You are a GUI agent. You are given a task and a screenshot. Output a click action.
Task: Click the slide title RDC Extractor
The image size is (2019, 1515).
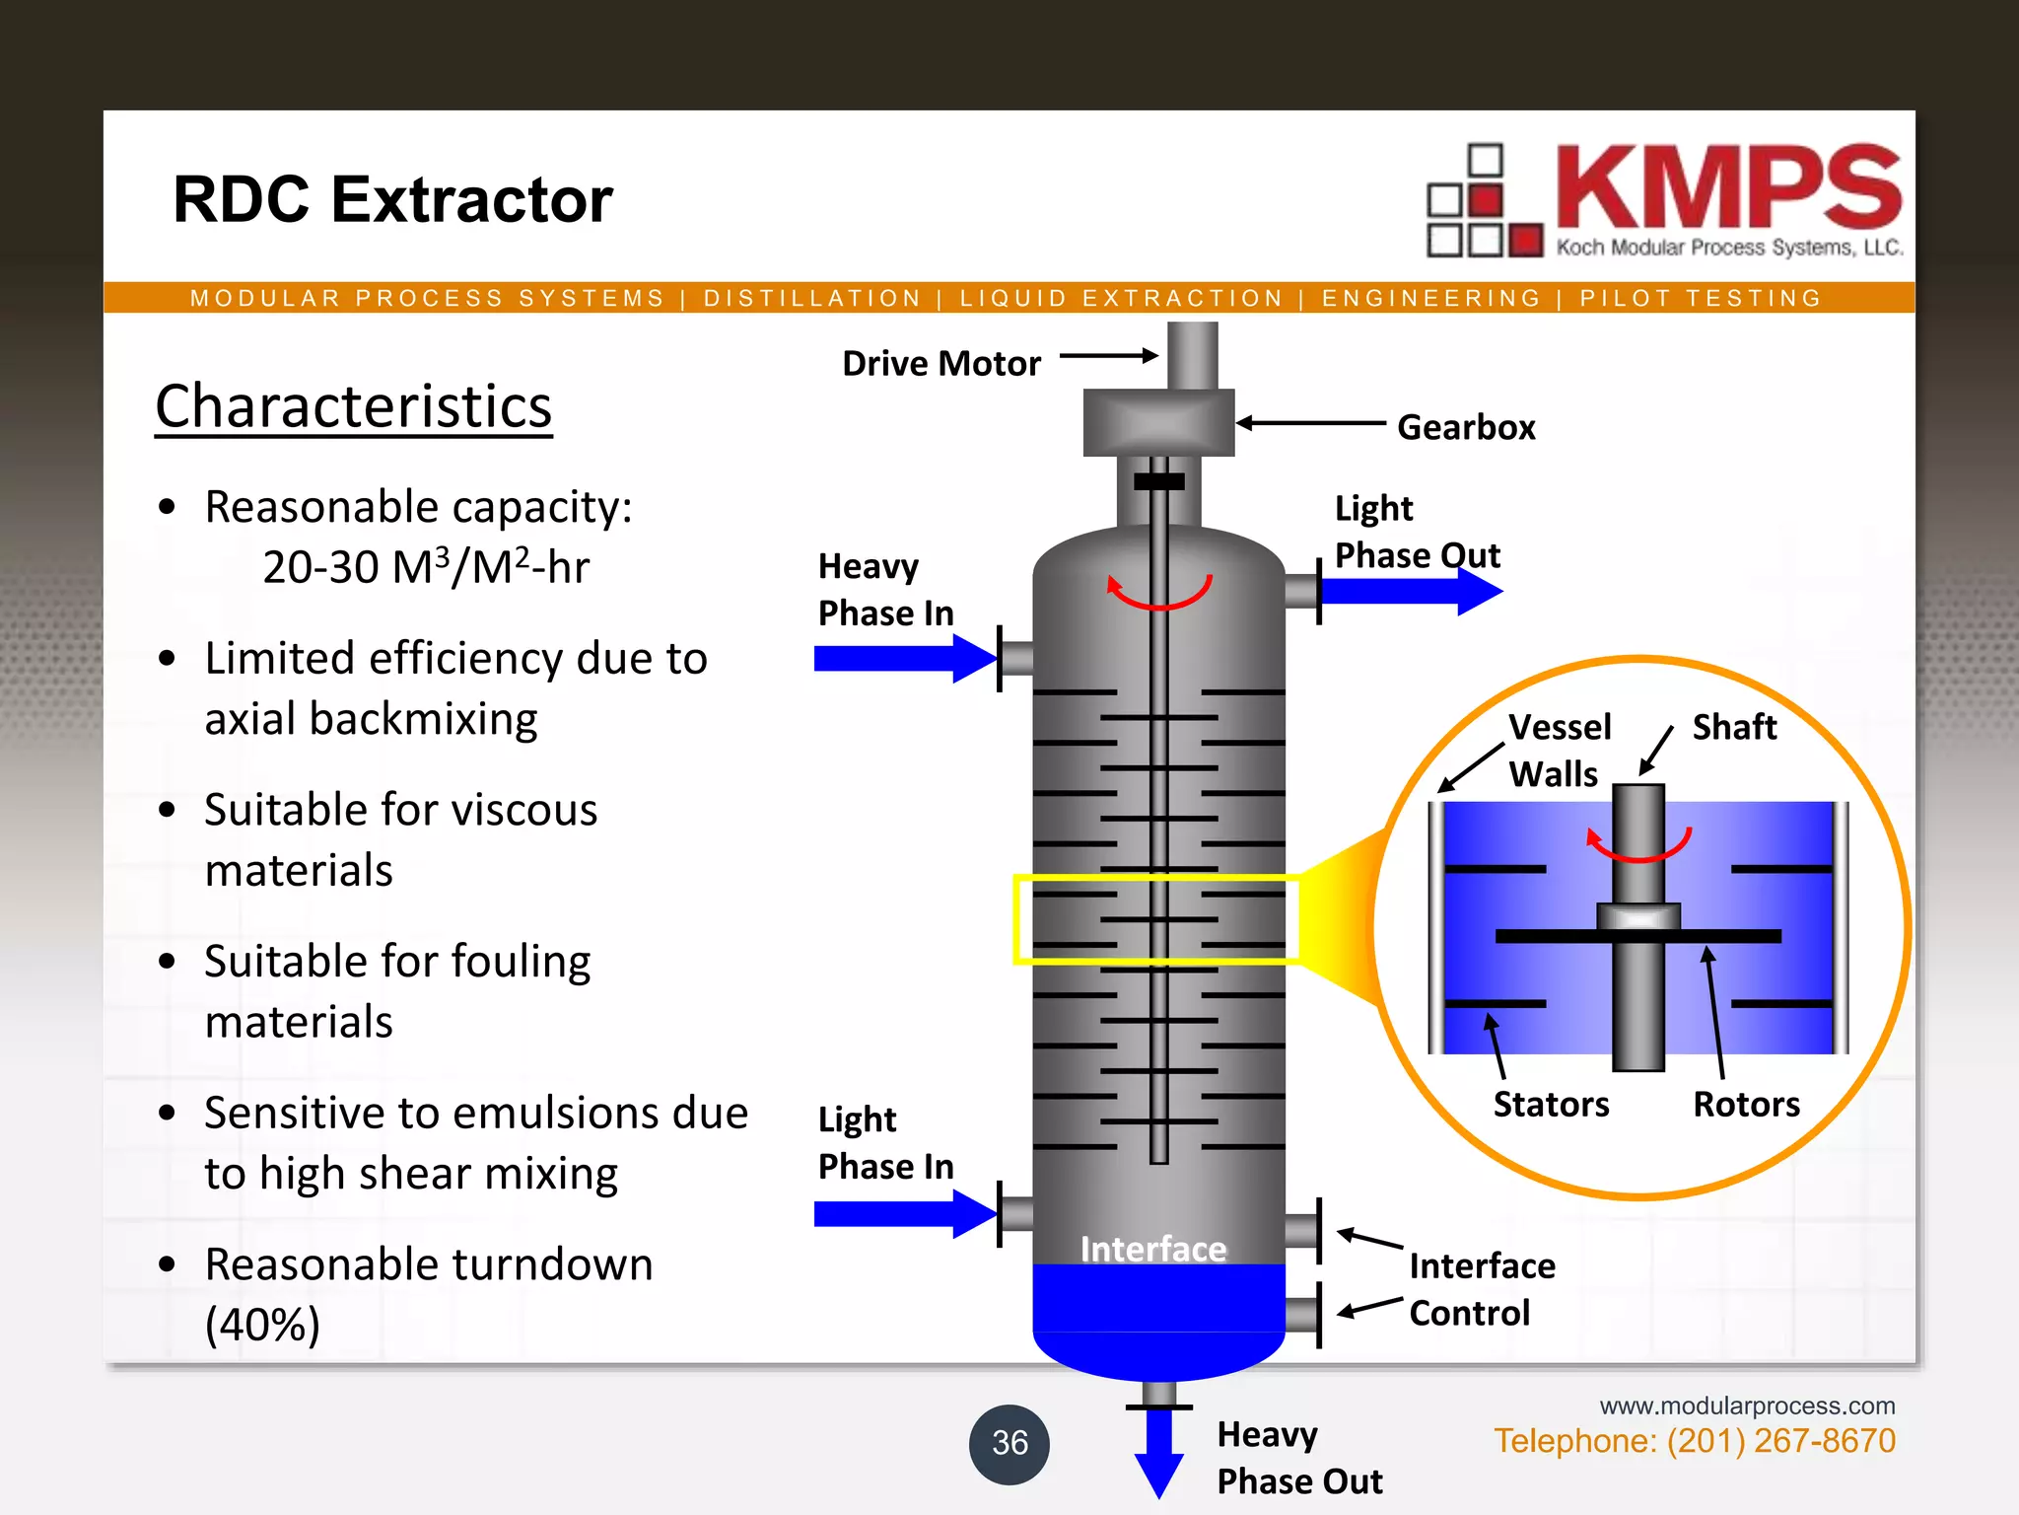point(392,200)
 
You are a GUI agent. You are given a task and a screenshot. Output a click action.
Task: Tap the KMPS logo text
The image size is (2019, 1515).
point(1727,187)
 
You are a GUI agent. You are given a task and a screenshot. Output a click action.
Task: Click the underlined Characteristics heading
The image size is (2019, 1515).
point(353,406)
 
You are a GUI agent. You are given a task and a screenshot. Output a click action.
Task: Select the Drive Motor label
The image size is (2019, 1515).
point(940,364)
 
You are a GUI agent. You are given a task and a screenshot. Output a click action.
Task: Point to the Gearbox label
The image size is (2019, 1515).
point(1466,427)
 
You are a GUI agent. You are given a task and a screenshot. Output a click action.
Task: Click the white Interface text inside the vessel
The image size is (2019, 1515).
point(1153,1249)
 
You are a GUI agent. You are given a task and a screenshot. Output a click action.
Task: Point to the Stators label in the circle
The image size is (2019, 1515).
point(1551,1104)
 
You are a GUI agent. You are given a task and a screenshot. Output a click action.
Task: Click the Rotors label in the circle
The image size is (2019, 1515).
point(1746,1104)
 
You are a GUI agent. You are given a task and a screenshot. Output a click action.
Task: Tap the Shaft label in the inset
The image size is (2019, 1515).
point(1734,727)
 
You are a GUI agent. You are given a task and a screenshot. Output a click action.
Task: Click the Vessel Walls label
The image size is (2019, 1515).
point(1559,751)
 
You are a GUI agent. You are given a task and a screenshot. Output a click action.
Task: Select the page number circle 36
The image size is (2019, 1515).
point(1009,1443)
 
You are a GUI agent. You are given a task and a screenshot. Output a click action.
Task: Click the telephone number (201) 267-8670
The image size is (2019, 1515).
point(1780,1441)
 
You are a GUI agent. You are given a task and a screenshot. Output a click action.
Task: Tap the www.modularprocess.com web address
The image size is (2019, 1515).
point(1747,1406)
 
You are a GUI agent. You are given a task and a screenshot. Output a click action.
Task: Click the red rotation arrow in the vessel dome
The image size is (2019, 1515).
point(1159,593)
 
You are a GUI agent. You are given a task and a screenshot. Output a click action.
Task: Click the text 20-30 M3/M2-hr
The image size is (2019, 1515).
point(426,567)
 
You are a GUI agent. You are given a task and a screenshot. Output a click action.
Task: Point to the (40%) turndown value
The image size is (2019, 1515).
point(262,1325)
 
